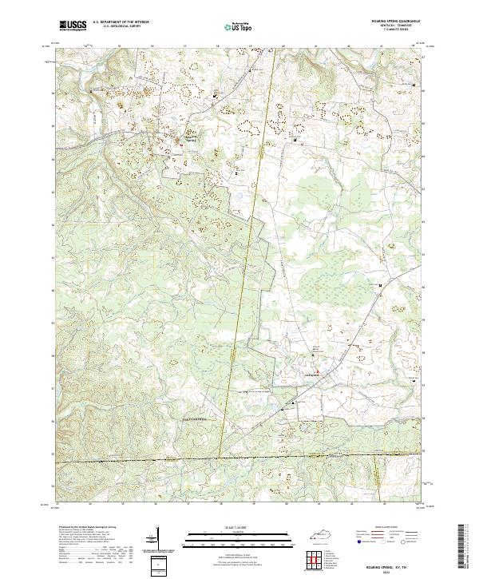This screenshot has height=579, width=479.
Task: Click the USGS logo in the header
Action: tap(72, 26)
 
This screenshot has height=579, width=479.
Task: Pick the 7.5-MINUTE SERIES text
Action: tap(406, 30)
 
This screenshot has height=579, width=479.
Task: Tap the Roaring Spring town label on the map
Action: tap(191, 137)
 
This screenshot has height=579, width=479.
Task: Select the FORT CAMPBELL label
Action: tap(192, 418)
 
